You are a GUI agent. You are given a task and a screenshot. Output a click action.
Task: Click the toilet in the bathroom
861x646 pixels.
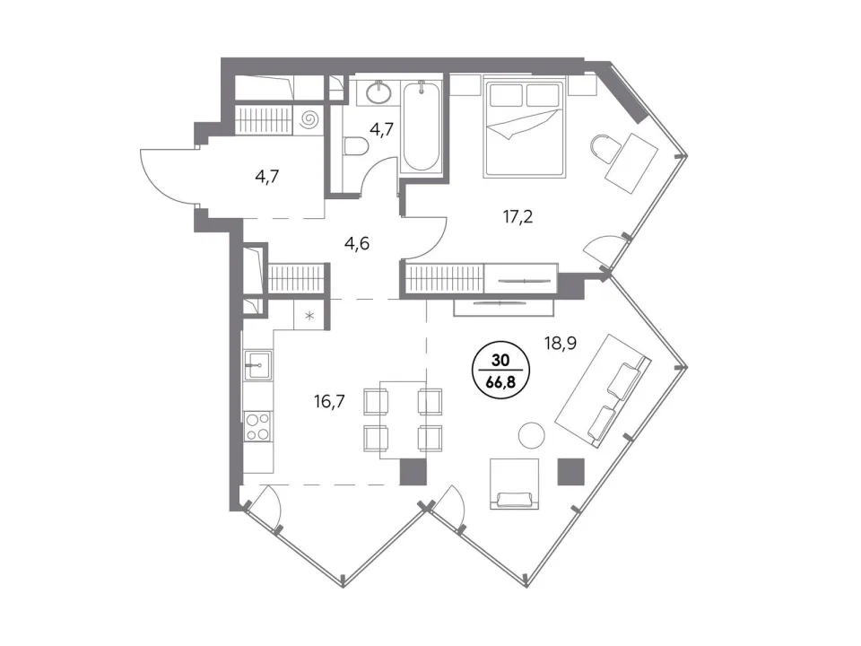point(355,148)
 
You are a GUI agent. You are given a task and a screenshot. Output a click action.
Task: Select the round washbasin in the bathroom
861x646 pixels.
point(378,92)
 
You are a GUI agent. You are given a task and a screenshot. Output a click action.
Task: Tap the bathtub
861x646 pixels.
point(422,126)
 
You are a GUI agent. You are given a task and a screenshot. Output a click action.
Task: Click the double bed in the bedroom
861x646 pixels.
point(524,129)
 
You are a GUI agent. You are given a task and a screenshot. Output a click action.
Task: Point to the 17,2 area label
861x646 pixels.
point(517,217)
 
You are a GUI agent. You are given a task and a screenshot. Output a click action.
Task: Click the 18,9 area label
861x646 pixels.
point(560,344)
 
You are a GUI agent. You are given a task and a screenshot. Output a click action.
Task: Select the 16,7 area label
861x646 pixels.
point(329,402)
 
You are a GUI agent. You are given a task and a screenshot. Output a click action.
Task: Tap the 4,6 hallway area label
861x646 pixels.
point(357,242)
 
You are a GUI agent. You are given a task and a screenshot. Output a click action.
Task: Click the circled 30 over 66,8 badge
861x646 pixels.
point(500,371)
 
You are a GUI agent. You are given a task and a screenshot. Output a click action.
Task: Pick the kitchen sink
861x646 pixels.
point(257,365)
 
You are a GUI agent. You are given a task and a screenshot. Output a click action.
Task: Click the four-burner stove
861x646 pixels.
point(257,427)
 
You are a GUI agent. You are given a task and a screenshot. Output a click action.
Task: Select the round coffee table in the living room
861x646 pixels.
point(532,435)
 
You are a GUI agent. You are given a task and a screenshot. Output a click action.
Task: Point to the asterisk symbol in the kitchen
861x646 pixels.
point(309,315)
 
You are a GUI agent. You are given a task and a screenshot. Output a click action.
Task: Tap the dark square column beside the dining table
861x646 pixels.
point(413,472)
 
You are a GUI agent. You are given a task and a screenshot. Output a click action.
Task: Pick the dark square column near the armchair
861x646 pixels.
point(571,472)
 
